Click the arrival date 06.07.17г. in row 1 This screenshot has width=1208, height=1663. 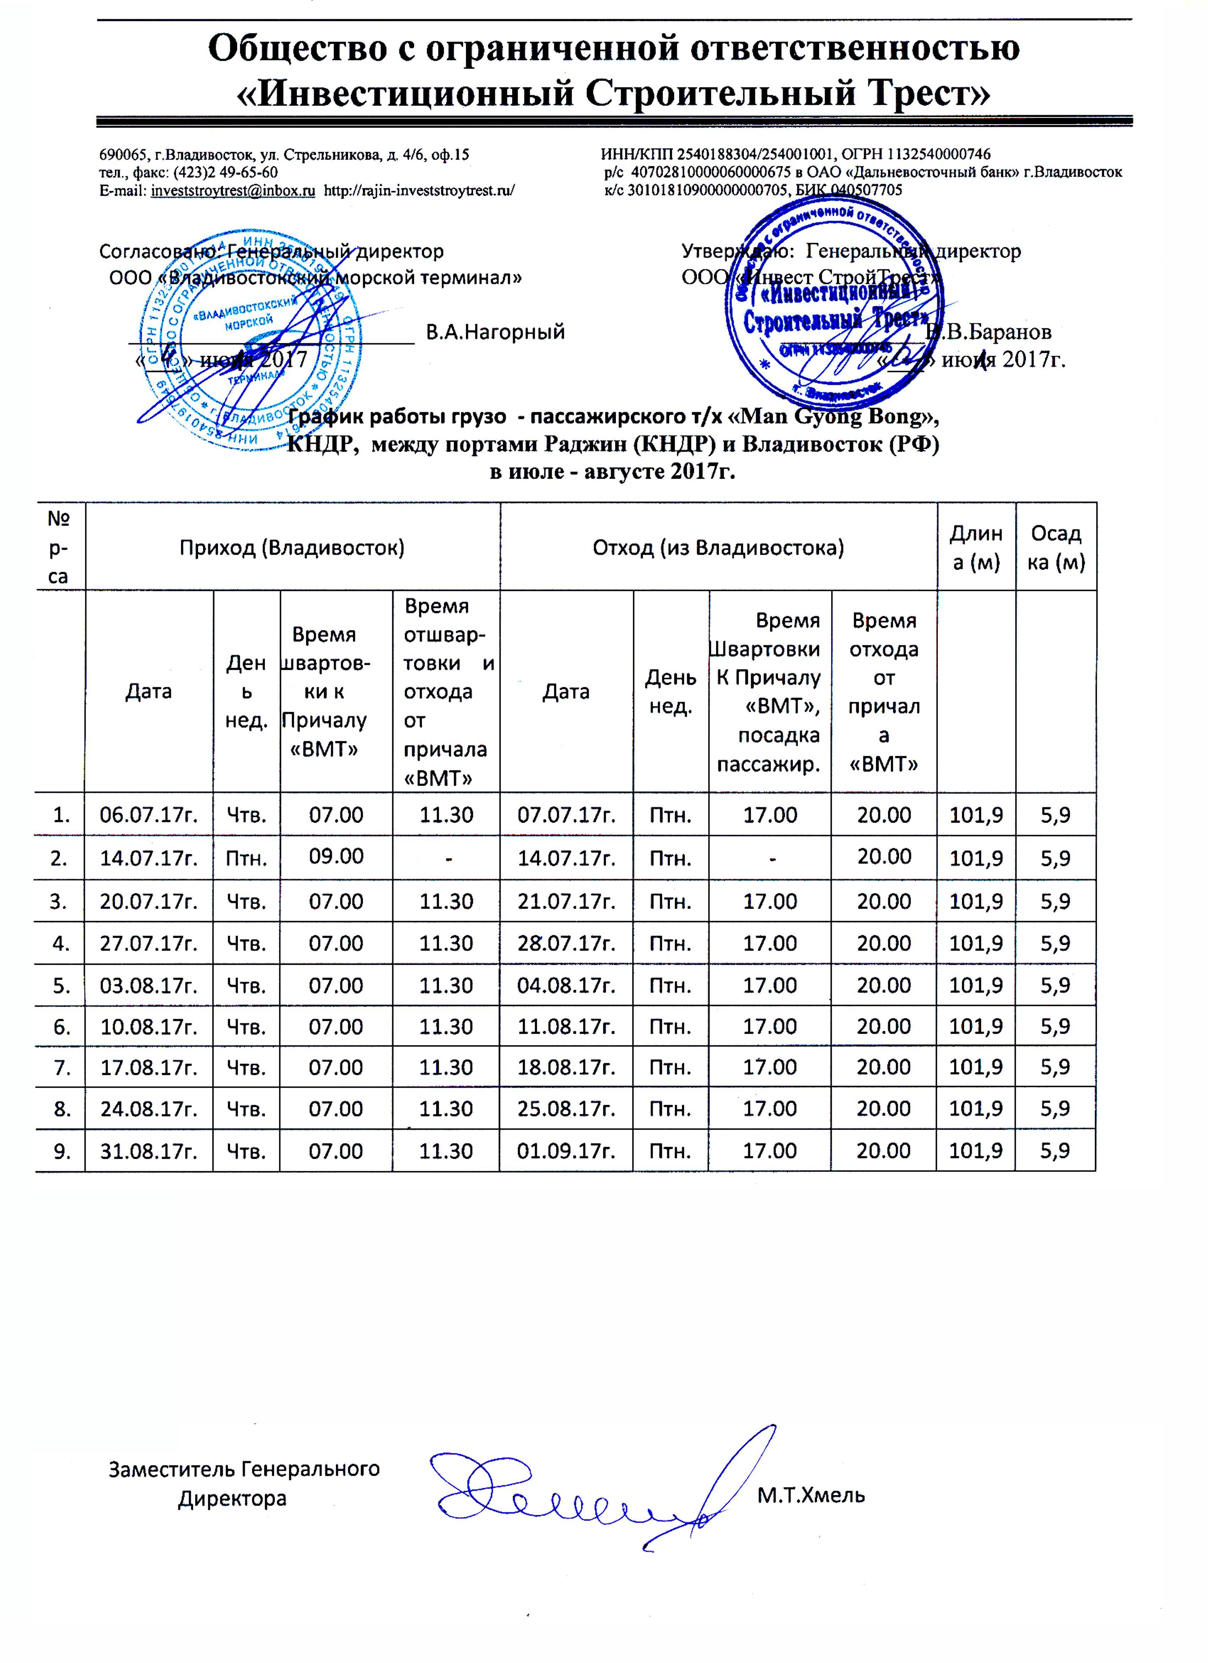click(x=149, y=815)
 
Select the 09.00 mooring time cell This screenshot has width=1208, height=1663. click(x=336, y=856)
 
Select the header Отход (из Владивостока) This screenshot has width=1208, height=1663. click(x=718, y=548)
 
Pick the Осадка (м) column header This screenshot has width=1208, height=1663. click(x=1056, y=548)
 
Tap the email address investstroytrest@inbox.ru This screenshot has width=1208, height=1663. click(x=233, y=190)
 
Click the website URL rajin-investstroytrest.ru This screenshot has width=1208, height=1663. click(x=419, y=190)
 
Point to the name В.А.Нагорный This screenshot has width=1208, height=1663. click(x=496, y=332)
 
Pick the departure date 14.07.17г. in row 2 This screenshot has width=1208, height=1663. click(x=566, y=858)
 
